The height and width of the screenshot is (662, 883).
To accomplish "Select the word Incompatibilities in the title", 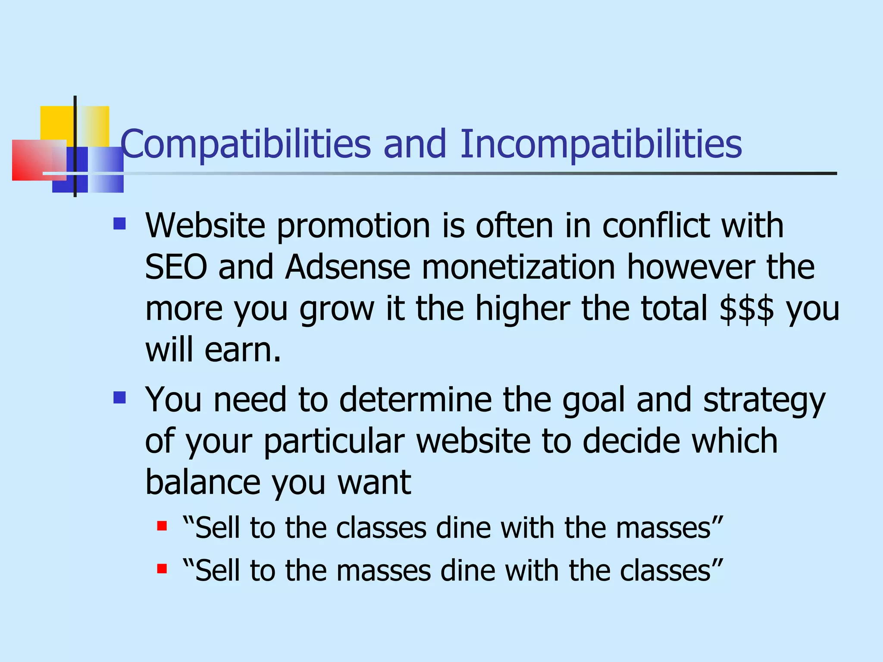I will [x=601, y=144].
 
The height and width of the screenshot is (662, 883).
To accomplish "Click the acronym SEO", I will [x=176, y=267].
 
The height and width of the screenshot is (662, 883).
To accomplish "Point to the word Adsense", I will [x=348, y=267].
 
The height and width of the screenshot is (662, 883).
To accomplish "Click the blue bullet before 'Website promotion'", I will [x=119, y=223].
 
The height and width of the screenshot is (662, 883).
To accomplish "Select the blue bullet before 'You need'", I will [x=119, y=397].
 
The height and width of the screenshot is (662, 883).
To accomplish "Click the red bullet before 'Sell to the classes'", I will [x=162, y=526].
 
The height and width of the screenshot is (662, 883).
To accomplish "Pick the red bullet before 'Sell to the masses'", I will [x=162, y=569].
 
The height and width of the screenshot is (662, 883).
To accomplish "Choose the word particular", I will [x=334, y=441].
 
